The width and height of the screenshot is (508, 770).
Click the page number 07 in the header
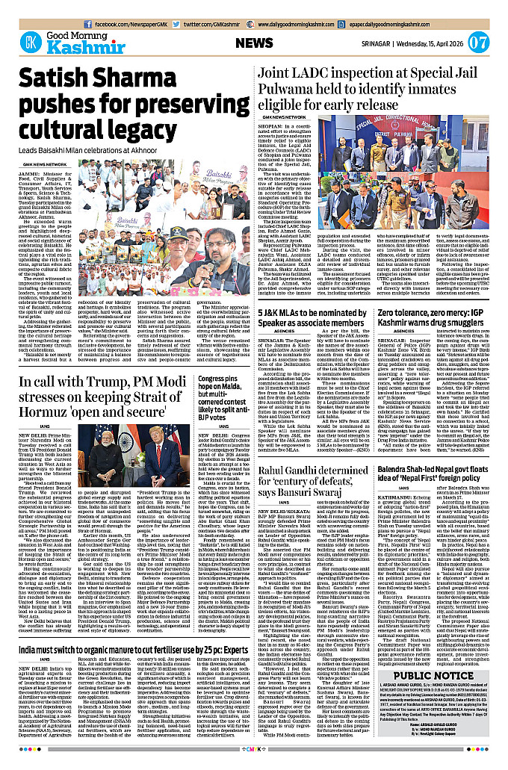click(480, 42)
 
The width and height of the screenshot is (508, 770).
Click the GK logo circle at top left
click(31, 43)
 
